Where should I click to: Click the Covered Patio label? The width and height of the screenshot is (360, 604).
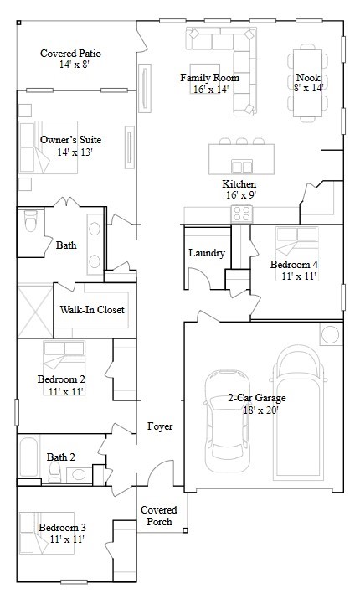pyautogui.click(x=71, y=54)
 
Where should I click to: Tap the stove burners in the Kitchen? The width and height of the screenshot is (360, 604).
pyautogui.click(x=242, y=214)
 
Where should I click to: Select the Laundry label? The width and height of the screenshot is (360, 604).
pyautogui.click(x=206, y=253)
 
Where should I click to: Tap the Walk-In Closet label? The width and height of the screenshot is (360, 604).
pyautogui.click(x=92, y=310)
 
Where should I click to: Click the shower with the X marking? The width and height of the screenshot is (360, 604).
pyautogui.click(x=34, y=311)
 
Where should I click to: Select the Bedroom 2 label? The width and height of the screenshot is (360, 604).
pyautogui.click(x=61, y=379)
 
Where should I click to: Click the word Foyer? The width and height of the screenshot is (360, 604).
pyautogui.click(x=160, y=426)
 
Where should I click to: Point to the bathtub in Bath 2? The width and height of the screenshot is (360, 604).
pyautogui.click(x=31, y=459)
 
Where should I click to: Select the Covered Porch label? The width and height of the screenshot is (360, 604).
pyautogui.click(x=157, y=515)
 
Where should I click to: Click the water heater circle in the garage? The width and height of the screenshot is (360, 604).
pyautogui.click(x=331, y=335)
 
